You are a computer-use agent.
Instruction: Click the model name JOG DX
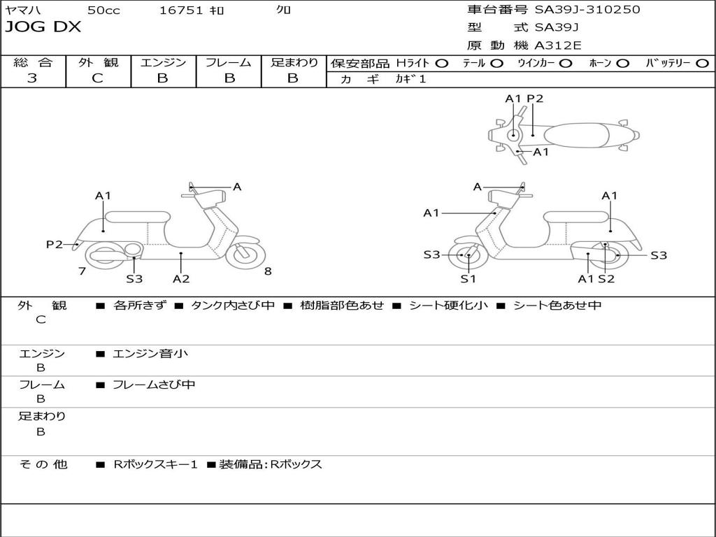click(43, 27)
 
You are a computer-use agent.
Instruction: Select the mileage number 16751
click(181, 10)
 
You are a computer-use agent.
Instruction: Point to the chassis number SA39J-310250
click(587, 10)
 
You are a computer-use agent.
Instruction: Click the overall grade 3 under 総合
click(32, 78)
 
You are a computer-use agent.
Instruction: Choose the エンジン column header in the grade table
click(163, 62)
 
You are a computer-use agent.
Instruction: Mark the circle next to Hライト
click(441, 63)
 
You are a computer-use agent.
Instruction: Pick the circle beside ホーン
click(622, 63)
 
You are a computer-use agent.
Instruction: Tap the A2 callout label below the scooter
click(181, 278)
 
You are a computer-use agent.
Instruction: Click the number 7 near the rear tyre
click(82, 271)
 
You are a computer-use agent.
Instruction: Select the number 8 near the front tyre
click(268, 271)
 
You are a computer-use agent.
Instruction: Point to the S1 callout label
click(468, 278)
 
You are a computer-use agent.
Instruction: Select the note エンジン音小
click(150, 354)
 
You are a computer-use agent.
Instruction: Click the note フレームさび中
click(154, 385)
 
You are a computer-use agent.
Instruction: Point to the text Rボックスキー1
click(155, 464)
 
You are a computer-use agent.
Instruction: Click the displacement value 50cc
click(103, 10)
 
